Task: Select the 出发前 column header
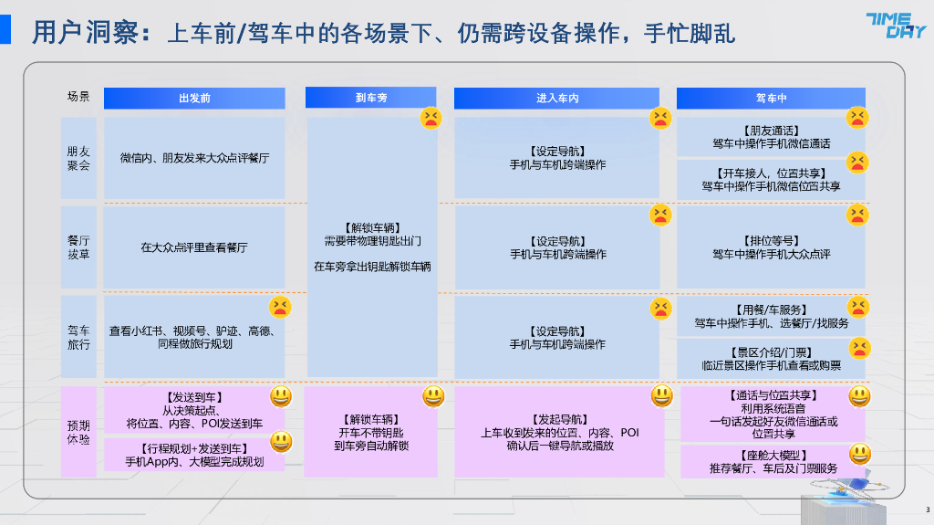click(x=194, y=98)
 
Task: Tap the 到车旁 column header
click(x=370, y=98)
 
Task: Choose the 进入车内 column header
click(x=556, y=98)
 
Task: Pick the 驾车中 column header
click(x=771, y=98)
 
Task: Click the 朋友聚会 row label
click(x=78, y=157)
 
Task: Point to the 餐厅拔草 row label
click(x=78, y=247)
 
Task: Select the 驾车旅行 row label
click(x=78, y=336)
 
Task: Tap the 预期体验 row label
click(x=78, y=431)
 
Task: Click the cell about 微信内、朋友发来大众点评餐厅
click(x=194, y=157)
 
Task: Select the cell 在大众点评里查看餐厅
click(x=194, y=247)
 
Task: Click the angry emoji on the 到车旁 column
click(x=431, y=118)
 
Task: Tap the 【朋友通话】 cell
click(x=771, y=137)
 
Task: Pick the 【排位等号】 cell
click(x=771, y=247)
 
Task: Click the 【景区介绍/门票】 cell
click(x=771, y=358)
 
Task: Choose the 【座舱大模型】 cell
click(x=771, y=461)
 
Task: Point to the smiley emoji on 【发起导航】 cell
click(x=661, y=396)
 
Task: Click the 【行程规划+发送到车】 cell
click(x=194, y=455)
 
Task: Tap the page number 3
click(x=927, y=509)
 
